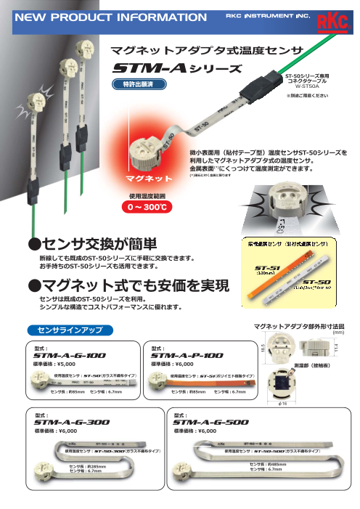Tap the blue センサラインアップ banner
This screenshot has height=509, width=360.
pyautogui.click(x=70, y=330)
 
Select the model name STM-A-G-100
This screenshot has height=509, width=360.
pyautogui.click(x=70, y=356)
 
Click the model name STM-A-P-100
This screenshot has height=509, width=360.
pyautogui.click(x=187, y=356)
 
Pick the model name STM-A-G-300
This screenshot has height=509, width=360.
pyautogui.click(x=72, y=421)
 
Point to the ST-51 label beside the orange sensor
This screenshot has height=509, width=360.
pyautogui.click(x=255, y=269)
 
